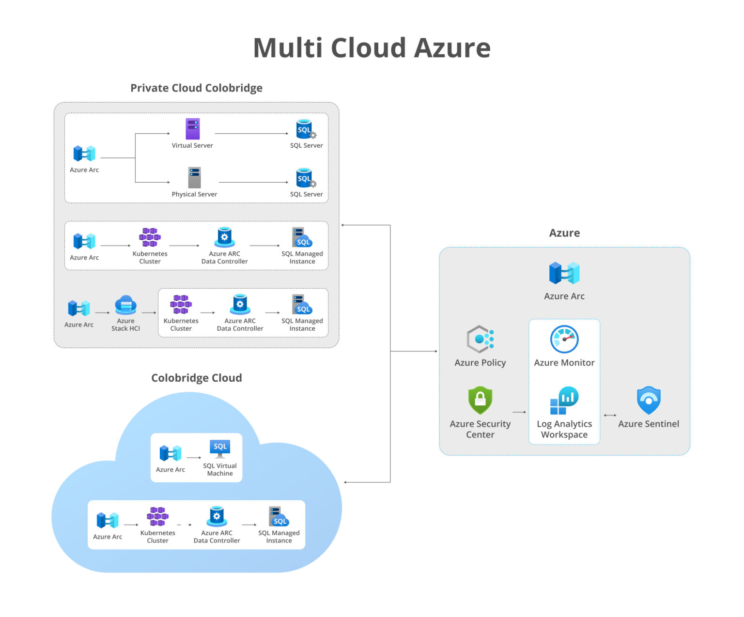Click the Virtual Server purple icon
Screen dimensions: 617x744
[x=192, y=129]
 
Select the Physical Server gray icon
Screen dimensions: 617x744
[x=194, y=178]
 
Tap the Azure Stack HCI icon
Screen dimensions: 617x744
[x=125, y=306]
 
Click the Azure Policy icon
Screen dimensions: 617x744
[x=480, y=339]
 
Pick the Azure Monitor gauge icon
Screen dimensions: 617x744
[x=564, y=339]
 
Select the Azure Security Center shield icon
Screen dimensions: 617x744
[x=480, y=400]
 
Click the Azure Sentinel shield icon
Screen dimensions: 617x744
[x=648, y=400]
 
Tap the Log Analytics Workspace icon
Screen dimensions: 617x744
[x=564, y=401]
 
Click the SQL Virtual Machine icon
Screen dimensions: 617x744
[x=220, y=448]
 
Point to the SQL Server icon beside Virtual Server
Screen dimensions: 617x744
[x=305, y=129]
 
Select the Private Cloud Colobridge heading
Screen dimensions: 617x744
[x=196, y=88]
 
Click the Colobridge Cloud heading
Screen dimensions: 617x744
[x=196, y=378]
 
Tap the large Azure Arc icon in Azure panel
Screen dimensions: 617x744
[x=564, y=273]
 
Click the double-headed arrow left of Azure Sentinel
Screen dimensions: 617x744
[x=610, y=415]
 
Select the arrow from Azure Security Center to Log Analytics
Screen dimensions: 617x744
[x=519, y=412]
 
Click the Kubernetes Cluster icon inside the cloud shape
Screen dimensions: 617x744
[x=157, y=517]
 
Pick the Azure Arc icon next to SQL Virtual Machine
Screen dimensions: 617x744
[x=170, y=453]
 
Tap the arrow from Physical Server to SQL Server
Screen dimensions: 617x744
[x=253, y=183]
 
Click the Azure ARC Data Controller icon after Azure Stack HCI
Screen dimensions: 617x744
[x=240, y=305]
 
